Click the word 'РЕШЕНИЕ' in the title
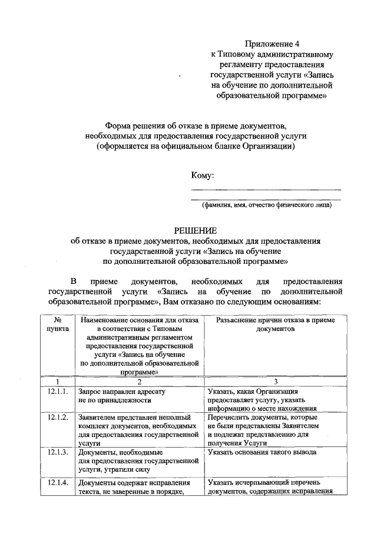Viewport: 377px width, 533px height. [195, 230]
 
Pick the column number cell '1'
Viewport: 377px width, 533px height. [58, 381]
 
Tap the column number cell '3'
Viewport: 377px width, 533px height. [275, 381]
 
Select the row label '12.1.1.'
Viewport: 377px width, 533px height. [58, 391]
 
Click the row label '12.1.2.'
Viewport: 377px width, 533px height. [58, 417]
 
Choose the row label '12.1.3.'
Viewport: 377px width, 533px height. [58, 452]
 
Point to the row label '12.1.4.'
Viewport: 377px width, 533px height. [58, 484]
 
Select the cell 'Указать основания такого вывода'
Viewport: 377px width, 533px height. [262, 452]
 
